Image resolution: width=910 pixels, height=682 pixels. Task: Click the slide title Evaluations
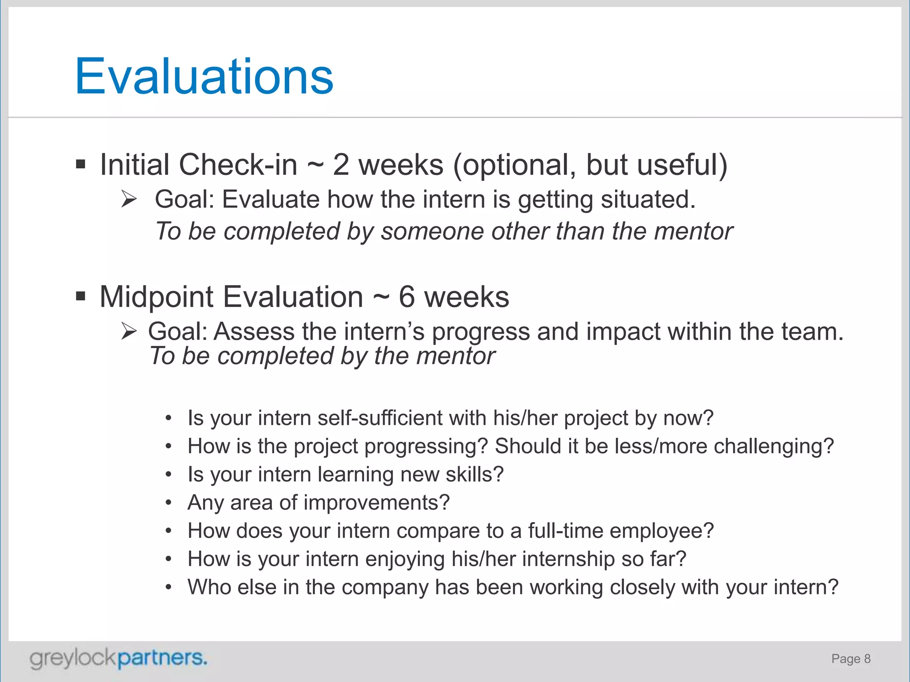(204, 76)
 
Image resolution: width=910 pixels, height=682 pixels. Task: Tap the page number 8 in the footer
(867, 658)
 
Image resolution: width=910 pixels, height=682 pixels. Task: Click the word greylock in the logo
(73, 658)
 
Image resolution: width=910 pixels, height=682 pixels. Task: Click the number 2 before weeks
(341, 165)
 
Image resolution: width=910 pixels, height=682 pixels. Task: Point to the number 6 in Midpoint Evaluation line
(407, 297)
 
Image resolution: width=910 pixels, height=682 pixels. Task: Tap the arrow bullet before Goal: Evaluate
(129, 199)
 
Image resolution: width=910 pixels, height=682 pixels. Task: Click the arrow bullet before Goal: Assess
(129, 331)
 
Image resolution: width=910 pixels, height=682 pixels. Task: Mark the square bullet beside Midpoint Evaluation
(80, 296)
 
